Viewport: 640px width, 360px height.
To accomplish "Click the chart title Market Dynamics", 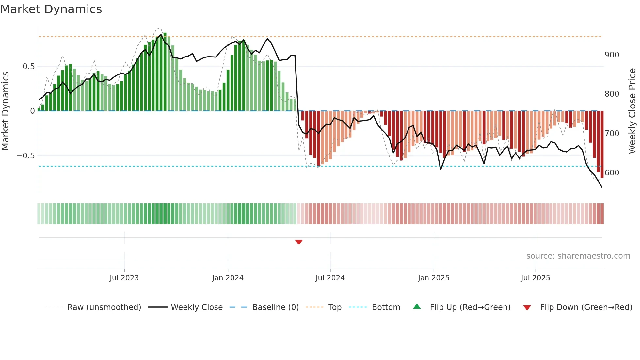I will (x=51, y=9).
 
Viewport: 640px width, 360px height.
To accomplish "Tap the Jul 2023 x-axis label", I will (x=124, y=278).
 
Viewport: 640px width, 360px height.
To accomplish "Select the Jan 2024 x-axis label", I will (x=228, y=278).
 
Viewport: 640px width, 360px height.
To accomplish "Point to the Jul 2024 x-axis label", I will (x=330, y=278).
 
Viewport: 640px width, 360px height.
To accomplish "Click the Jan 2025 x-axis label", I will (x=433, y=278).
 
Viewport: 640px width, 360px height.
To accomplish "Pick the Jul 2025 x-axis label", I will (x=535, y=278).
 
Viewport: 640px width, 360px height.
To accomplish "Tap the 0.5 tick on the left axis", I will (x=28, y=67).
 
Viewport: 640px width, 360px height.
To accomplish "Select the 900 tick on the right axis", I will (x=612, y=55).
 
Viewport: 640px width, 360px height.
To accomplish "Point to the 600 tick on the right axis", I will (x=612, y=173).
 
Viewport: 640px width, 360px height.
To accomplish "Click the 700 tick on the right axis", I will (x=612, y=134).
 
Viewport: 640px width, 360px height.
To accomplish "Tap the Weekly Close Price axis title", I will (x=632, y=111).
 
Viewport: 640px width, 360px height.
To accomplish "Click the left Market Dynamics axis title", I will (x=5, y=111).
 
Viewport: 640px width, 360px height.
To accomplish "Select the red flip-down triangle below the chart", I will (x=298, y=242).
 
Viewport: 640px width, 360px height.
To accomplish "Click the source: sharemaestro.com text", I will (x=578, y=256).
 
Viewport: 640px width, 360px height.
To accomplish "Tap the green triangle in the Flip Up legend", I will (x=417, y=307).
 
